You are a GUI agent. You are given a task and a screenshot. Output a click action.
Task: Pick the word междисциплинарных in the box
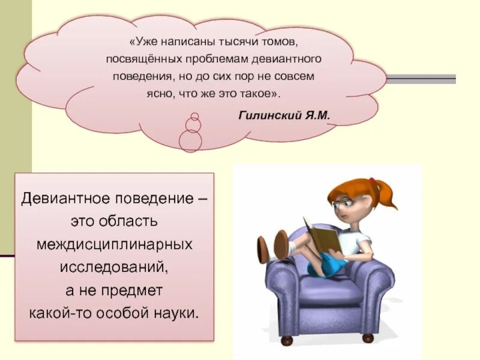(114, 244)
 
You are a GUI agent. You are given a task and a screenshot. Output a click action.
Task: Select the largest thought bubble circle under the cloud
(191, 141)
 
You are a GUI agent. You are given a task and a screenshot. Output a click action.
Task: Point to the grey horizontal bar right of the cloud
(420, 78)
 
